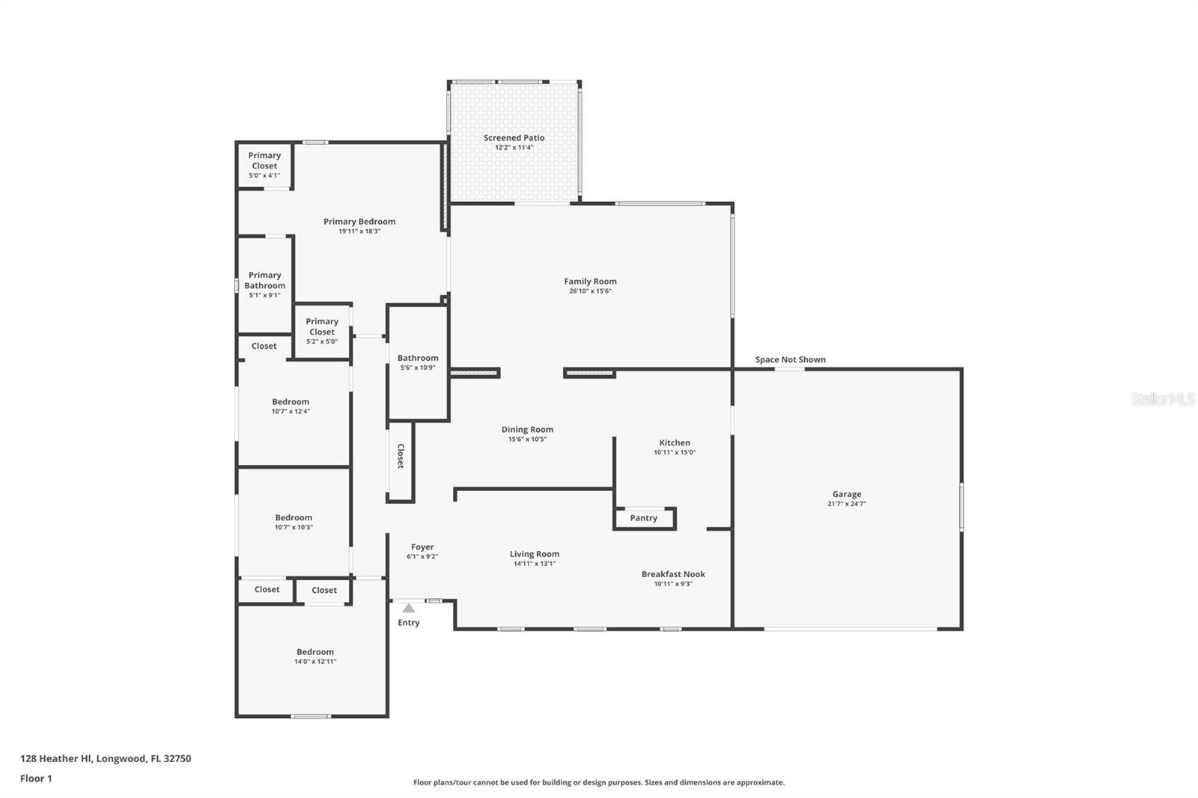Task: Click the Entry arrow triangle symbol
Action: (408, 609)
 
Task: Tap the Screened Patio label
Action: (514, 138)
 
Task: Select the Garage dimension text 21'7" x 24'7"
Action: (847, 504)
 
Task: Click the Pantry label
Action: (643, 518)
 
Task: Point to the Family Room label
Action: (590, 281)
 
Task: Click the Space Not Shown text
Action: (790, 359)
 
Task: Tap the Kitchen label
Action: (675, 442)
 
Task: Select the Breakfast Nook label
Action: (673, 574)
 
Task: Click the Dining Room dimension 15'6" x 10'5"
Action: (527, 439)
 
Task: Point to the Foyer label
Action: (422, 547)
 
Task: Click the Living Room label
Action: (535, 554)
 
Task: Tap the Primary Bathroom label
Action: (265, 280)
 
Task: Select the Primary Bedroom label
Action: (359, 222)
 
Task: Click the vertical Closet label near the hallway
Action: (401, 456)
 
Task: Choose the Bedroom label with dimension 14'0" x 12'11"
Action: (315, 652)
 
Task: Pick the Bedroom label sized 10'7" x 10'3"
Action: (294, 517)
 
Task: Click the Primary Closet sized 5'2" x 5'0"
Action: (322, 326)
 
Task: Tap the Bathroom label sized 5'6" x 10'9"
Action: (418, 358)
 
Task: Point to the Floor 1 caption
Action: (36, 779)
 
